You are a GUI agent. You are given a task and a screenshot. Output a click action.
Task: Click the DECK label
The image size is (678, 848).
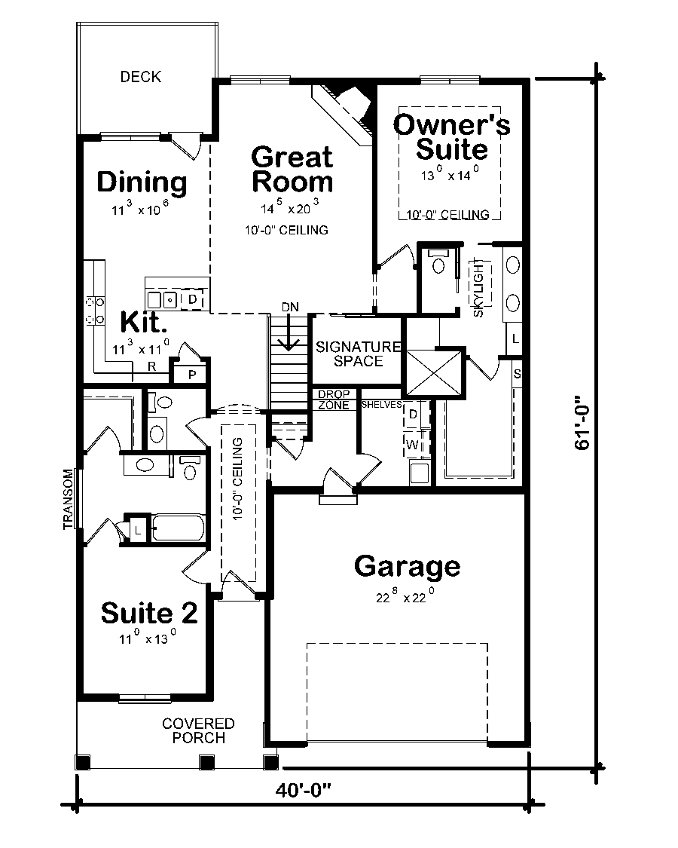[141, 77]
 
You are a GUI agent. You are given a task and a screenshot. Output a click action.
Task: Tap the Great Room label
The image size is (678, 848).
[292, 170]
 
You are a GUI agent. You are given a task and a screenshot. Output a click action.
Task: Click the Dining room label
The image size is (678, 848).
[142, 182]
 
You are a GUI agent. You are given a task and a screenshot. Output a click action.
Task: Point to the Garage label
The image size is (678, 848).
[407, 565]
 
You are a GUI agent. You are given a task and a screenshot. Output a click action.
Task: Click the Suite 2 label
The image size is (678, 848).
[149, 614]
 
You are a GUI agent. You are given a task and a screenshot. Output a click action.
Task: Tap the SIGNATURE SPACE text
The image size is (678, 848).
[359, 354]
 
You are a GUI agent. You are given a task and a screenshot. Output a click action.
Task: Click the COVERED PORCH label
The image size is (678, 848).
[198, 730]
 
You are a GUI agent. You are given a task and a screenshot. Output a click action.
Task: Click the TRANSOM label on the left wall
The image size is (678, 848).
[69, 499]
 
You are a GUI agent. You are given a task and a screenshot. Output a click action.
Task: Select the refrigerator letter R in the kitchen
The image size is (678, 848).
[151, 367]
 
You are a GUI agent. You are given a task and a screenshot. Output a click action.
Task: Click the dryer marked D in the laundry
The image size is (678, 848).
[413, 414]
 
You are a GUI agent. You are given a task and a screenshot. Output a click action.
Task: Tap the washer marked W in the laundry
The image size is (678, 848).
[413, 445]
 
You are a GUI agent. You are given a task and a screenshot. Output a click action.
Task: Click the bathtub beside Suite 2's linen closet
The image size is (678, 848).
[178, 528]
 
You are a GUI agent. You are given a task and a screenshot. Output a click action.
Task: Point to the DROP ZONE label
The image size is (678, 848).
[333, 400]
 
